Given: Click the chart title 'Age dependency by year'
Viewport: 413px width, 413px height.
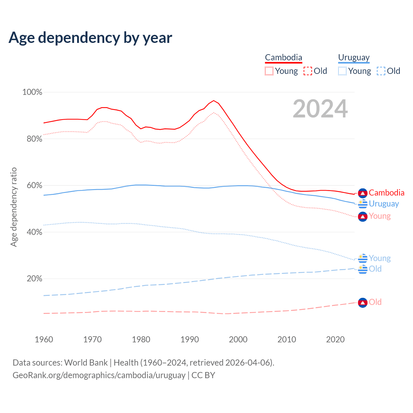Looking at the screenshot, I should [x=90, y=38].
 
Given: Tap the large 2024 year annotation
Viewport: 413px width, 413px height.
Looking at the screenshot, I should [x=320, y=109].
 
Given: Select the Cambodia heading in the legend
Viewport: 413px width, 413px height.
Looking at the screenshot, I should [x=284, y=57].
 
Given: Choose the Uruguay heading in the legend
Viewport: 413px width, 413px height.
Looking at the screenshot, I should [x=354, y=57].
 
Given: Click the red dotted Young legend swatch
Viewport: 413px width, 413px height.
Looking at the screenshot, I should [x=269, y=71].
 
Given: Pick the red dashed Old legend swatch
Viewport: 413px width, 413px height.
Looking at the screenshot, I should [x=308, y=71].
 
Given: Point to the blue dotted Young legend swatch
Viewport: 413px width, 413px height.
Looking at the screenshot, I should [x=342, y=71].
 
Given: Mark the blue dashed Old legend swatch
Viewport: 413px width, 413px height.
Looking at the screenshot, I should [x=381, y=71].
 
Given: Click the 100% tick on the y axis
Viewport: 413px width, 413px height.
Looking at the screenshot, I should [x=32, y=92].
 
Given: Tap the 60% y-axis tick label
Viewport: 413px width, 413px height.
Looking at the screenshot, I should [x=34, y=186].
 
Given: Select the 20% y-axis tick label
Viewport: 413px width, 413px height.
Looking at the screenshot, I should [x=34, y=279].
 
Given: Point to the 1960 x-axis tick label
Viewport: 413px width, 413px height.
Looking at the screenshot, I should [x=44, y=339].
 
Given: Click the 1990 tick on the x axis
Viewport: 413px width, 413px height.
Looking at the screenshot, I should [x=190, y=339].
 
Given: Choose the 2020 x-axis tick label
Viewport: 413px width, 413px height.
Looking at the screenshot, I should [x=336, y=339].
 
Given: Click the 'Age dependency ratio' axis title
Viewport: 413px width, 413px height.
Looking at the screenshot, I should [x=14, y=207].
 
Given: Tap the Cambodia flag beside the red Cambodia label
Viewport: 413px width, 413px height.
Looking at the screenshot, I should [x=363, y=193].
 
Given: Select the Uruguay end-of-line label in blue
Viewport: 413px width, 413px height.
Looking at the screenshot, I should [x=384, y=204].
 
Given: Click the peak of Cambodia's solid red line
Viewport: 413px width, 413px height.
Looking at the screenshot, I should [x=214, y=100].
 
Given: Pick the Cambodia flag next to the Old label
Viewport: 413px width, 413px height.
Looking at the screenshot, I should [x=363, y=303].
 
